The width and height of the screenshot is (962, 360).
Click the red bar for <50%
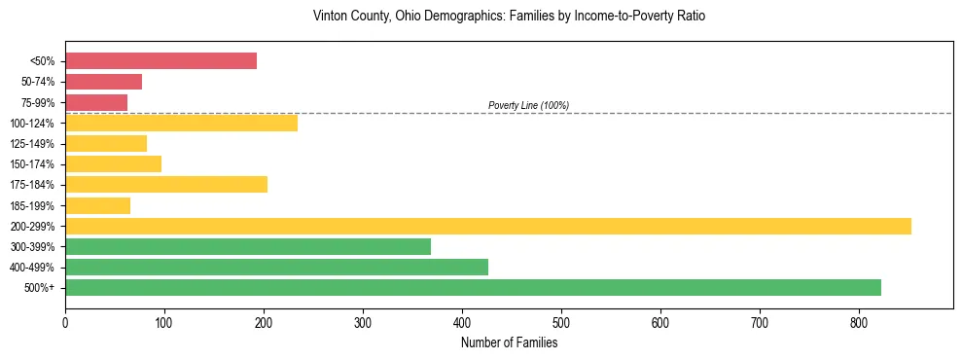160,61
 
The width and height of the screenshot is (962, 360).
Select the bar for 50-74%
103,82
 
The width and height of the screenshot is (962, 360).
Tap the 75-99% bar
96,102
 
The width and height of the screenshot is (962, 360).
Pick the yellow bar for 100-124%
181,123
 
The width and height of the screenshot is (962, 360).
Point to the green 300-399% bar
248,246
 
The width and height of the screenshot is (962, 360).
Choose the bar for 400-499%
276,268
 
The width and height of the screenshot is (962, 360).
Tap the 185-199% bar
97,205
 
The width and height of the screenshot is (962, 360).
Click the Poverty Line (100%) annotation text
528,105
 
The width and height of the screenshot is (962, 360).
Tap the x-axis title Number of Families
509,342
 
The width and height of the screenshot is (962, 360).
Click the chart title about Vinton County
509,17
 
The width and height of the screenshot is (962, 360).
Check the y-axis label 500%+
39,288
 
